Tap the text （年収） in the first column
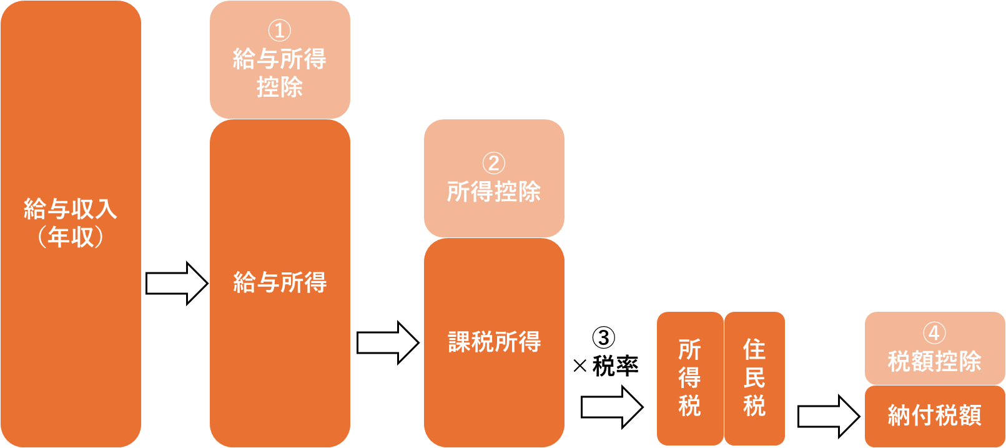71,237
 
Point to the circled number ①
280,30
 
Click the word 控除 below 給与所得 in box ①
280,87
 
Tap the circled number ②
493,163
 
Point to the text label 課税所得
494,342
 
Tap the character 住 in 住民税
754,350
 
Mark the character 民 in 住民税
754,378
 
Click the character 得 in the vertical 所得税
689,378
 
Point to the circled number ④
934,333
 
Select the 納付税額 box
935,416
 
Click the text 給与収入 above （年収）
71,209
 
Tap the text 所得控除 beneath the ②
494,191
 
